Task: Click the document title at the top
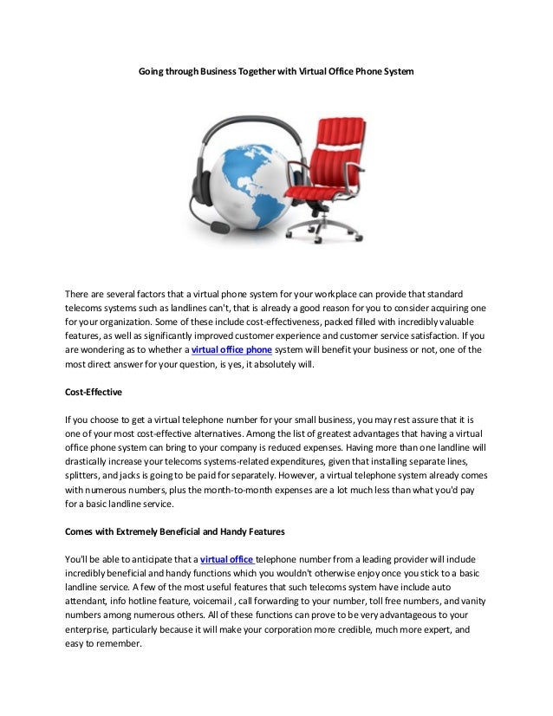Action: pos(276,68)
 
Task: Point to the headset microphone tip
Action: pos(220,227)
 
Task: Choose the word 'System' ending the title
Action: pos(396,68)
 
